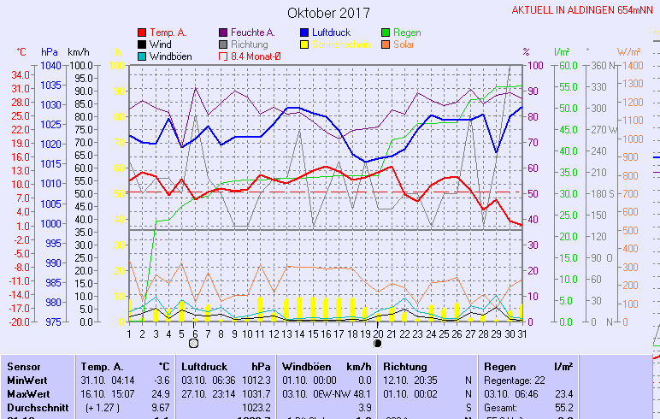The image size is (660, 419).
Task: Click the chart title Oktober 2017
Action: coord(328,13)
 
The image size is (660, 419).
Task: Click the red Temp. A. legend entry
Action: coord(168,32)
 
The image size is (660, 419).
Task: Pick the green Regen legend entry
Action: coord(406,32)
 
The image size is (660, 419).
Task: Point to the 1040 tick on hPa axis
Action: coord(50,66)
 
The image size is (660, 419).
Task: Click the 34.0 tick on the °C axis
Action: coord(21,74)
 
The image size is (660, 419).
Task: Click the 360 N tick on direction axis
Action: coord(602,66)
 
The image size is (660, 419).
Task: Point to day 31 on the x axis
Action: coord(522,333)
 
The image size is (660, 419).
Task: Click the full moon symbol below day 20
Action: coord(377,343)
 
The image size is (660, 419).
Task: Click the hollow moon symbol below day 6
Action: coord(193,343)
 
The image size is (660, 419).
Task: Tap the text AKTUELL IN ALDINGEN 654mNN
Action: coord(583,10)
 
